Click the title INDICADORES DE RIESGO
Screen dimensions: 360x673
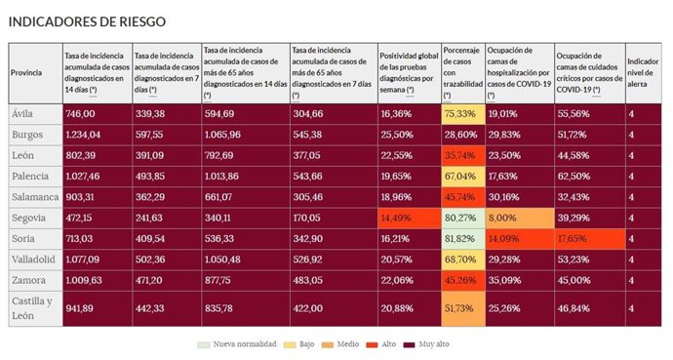coord(87,21)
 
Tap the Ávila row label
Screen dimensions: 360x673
coord(22,113)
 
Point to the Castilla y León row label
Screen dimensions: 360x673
coord(29,307)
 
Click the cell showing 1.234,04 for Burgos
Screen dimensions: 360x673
coord(83,134)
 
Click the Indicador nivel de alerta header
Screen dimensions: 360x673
coord(642,73)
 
